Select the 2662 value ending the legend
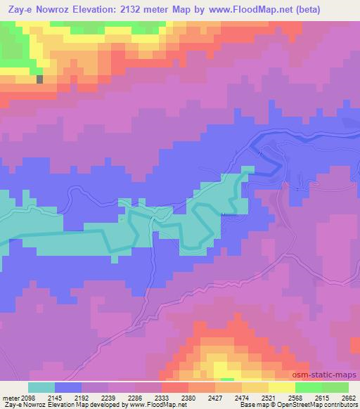pyautogui.click(x=348, y=398)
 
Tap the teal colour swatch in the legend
pyautogui.click(x=41, y=387)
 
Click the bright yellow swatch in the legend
pyautogui.click(x=282, y=387)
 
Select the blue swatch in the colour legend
pyautogui.click(x=67, y=387)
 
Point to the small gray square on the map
pyautogui.click(x=40, y=79)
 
